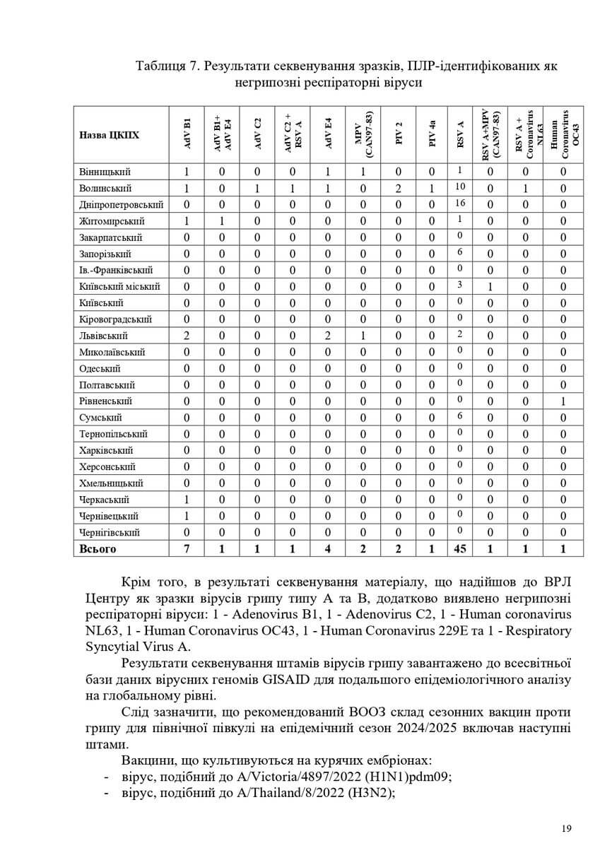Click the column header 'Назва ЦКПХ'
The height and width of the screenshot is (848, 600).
coord(109,134)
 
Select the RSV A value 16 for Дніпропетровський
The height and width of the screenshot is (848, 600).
coord(459,204)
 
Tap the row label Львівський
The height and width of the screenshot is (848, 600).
coord(103,336)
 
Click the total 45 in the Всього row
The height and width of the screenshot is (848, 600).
coord(460,549)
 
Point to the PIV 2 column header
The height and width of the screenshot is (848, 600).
coord(399,134)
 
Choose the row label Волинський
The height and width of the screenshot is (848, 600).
coord(105,189)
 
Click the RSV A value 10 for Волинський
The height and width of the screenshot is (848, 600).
coord(459,187)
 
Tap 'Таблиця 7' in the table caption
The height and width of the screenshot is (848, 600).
coord(165,66)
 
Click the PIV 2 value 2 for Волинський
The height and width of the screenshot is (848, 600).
coord(399,189)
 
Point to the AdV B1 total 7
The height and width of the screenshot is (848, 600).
coord(187,549)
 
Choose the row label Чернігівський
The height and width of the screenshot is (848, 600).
coord(109,533)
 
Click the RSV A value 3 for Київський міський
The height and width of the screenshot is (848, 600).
coord(459,285)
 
